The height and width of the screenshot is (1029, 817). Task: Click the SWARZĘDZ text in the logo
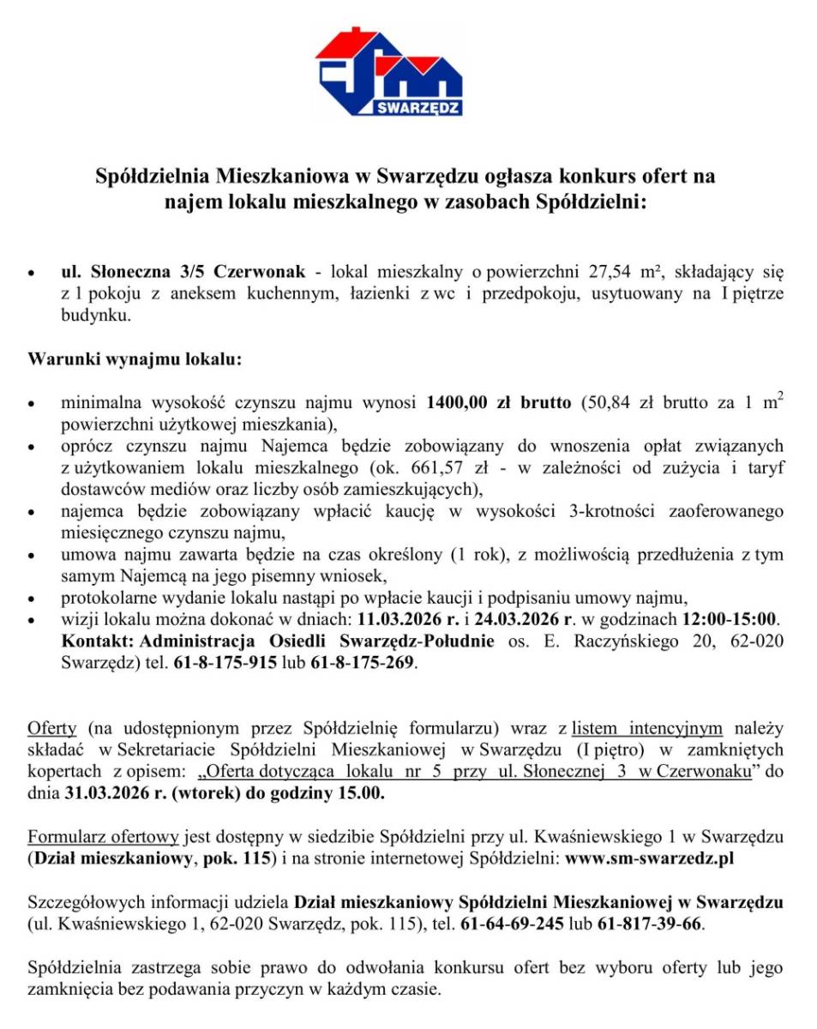419,108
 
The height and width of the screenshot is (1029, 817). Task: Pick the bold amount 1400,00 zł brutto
499,401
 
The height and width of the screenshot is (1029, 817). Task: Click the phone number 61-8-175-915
219,663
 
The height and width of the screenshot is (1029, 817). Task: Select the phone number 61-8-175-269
364,663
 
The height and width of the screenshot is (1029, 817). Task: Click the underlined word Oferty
52,730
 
